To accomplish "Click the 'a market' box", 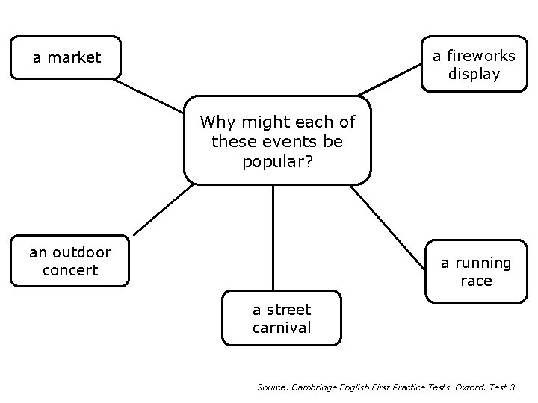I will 66,57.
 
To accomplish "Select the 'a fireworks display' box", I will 473,64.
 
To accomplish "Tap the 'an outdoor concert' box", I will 69,261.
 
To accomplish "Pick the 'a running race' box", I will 475,272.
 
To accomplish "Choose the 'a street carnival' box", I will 282,319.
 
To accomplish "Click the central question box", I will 277,140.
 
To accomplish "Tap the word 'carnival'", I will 282,328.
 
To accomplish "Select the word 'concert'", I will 70,270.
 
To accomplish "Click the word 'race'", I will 476,281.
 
